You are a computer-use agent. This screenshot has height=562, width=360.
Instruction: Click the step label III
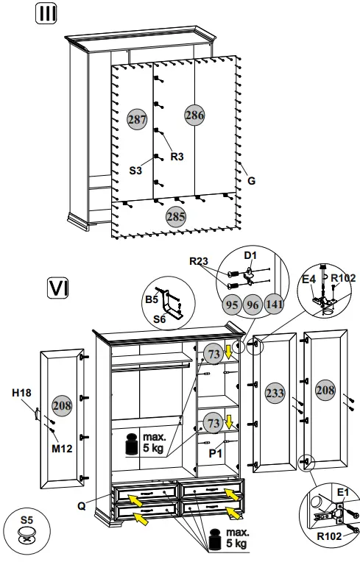click(48, 14)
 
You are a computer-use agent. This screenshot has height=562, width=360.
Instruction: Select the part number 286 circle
click(194, 115)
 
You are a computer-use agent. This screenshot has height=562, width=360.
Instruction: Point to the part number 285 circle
click(175, 217)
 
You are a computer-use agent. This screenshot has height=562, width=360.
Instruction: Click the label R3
click(177, 156)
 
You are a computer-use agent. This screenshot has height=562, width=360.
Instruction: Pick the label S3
click(135, 170)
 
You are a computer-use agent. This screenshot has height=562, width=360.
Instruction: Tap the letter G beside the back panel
click(251, 179)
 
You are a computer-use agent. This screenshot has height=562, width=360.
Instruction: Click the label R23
click(200, 261)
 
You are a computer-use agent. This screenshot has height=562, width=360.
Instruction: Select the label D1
click(250, 256)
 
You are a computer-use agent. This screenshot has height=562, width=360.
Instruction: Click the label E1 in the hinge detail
click(342, 492)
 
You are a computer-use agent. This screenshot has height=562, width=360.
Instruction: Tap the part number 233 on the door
click(275, 394)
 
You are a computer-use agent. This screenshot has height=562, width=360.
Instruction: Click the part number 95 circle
click(230, 302)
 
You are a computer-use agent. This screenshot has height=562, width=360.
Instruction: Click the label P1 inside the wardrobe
click(215, 454)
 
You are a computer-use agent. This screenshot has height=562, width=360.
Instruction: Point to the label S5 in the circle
click(27, 521)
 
